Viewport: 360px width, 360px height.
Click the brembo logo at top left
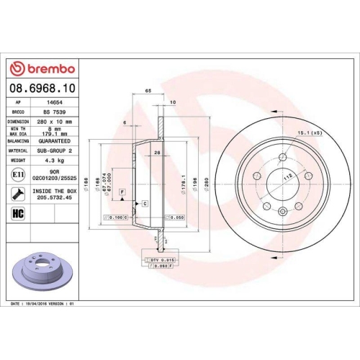(x=41, y=68)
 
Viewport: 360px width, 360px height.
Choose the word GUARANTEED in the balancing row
(x=59, y=142)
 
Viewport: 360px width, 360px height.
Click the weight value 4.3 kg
(x=55, y=161)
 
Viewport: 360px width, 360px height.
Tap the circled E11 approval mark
(x=17, y=175)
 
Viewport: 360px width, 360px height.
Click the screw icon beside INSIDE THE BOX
(x=17, y=194)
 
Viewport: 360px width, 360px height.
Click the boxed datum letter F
(x=123, y=190)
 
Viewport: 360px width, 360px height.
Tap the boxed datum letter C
(x=145, y=204)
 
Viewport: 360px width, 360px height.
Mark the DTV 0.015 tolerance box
(x=162, y=258)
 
